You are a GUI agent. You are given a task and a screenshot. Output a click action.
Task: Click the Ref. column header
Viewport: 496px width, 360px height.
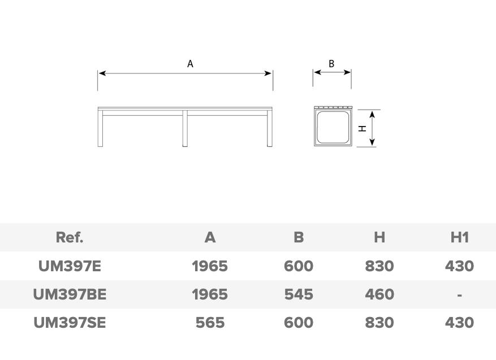coord(70,237)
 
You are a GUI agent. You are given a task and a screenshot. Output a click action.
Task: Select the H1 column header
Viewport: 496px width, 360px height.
coord(459,237)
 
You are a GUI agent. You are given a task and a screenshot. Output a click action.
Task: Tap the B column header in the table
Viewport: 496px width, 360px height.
coord(299,237)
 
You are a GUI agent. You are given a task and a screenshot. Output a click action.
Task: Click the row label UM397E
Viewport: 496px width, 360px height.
coord(70,266)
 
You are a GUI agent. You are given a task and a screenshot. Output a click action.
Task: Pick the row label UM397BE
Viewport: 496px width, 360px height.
coord(70,294)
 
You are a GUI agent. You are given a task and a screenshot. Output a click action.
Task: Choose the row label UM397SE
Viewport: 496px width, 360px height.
coord(70,323)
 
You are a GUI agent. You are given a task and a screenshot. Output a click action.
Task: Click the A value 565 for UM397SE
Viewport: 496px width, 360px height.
coord(210,323)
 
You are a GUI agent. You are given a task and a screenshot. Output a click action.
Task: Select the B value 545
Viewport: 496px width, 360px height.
coord(299,294)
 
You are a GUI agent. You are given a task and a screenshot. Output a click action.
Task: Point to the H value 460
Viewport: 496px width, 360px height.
coord(379,294)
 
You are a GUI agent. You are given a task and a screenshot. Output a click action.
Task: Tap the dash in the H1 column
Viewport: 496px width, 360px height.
coord(459,295)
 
